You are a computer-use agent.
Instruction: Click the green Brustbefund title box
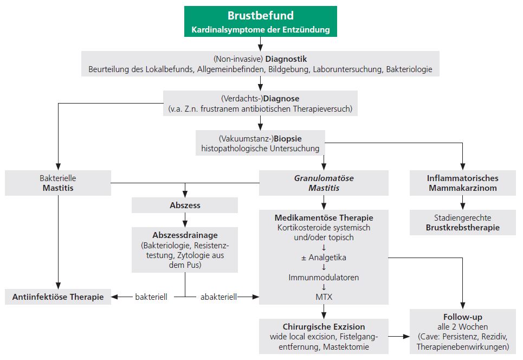260,22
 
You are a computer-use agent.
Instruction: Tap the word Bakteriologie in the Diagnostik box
409,70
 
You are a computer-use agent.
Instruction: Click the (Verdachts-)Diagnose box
260,104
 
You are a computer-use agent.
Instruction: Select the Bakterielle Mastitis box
57,183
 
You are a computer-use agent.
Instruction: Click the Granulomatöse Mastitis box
323,183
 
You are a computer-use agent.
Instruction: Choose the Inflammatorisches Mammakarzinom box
462,183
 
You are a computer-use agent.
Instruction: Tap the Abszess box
185,205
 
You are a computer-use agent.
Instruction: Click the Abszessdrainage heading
185,235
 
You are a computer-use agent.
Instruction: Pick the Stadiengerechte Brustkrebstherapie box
462,223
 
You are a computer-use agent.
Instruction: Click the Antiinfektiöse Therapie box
57,297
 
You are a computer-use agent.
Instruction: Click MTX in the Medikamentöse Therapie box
324,298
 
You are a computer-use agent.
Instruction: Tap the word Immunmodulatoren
324,278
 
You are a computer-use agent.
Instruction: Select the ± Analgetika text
324,258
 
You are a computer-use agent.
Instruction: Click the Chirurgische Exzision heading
324,326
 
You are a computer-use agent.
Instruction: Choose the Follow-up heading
462,317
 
